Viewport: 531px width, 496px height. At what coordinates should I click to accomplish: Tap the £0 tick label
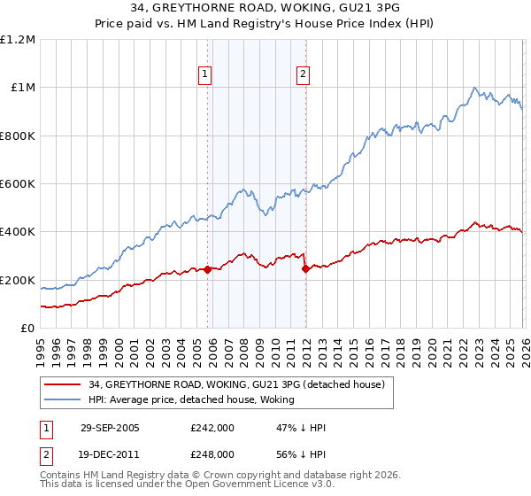tap(28, 329)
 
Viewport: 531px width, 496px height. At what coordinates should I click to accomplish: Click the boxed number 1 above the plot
tap(205, 75)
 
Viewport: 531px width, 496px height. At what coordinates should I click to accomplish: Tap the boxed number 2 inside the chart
tap(303, 75)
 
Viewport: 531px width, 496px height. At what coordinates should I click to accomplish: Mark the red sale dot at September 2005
tap(208, 270)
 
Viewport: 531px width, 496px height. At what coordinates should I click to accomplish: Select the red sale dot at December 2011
tap(305, 268)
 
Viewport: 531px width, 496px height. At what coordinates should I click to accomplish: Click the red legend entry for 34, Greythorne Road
tap(236, 384)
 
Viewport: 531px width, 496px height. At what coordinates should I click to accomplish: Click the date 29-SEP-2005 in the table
tap(110, 428)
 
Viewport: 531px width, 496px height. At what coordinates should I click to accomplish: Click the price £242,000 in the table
tap(212, 428)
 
